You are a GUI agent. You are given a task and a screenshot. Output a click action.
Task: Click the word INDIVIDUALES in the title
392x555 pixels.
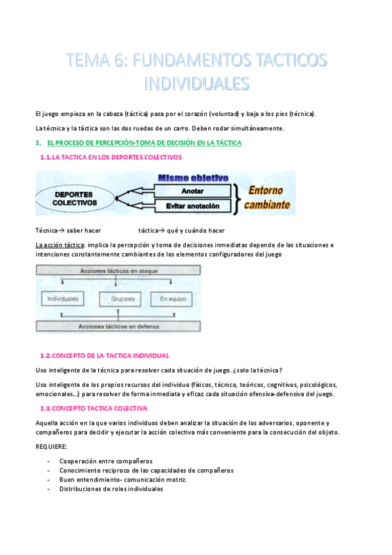pos(196,83)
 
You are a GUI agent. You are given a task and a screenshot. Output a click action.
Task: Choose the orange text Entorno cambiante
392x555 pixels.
pos(266,197)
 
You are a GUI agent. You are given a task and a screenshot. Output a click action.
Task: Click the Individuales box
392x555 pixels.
pos(63,299)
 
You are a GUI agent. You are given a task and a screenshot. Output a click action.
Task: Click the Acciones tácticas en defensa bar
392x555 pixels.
pos(118,327)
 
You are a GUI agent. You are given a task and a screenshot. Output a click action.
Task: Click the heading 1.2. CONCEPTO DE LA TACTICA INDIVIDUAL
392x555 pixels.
pos(105,355)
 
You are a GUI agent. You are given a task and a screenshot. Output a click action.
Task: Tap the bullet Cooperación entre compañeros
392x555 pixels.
pos(105,461)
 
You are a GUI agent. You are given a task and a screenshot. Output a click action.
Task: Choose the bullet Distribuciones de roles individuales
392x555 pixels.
pos(111,489)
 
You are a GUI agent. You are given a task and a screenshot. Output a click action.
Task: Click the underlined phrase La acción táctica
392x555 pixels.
pos(60,245)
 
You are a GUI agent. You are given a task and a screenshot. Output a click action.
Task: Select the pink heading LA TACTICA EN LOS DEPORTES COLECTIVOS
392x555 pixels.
pos(111,158)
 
